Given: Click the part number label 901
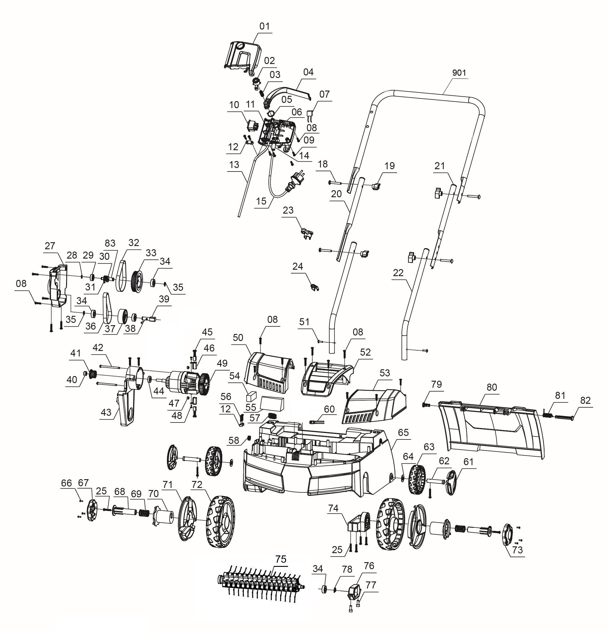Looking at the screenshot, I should pyautogui.click(x=459, y=73).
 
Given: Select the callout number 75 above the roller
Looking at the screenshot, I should pyautogui.click(x=280, y=559).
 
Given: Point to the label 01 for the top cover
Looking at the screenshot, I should pyautogui.click(x=264, y=26).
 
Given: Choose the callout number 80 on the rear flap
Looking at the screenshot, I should pyautogui.click(x=492, y=387).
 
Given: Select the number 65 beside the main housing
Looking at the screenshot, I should pyautogui.click(x=403, y=433).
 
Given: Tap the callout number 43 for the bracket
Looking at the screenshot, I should pyautogui.click(x=106, y=412).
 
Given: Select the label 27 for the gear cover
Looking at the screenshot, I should pyautogui.click(x=50, y=246).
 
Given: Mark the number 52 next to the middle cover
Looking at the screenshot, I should pyautogui.click(x=365, y=352).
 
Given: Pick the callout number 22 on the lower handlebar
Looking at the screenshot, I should pyautogui.click(x=398, y=273).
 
